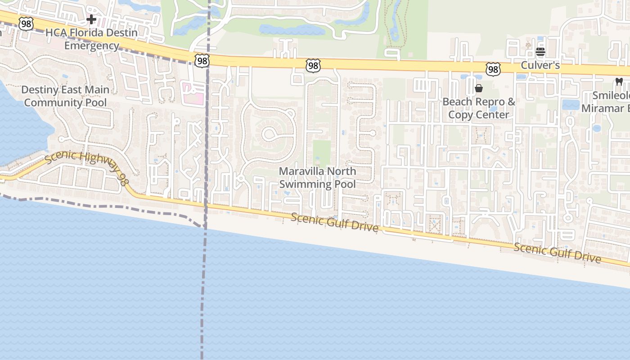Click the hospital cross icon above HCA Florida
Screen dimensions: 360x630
tap(91, 19)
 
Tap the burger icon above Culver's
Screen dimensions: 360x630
tap(540, 52)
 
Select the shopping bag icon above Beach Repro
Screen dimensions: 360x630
tap(479, 88)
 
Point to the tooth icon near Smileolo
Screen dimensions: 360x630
tap(619, 82)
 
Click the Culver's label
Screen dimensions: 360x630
tap(540, 65)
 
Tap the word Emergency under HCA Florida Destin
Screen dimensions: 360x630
tap(91, 45)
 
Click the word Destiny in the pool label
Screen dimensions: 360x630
tap(40, 90)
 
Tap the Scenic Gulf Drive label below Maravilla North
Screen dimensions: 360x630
tap(334, 222)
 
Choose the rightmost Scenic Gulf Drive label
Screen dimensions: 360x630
tap(557, 252)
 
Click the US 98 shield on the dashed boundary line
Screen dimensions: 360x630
tap(202, 60)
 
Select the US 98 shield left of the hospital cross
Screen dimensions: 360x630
tap(26, 24)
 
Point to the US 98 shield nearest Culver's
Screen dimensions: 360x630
tap(493, 69)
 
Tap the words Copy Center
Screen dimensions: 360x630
tap(478, 114)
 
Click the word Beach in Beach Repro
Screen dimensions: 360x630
tap(457, 102)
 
